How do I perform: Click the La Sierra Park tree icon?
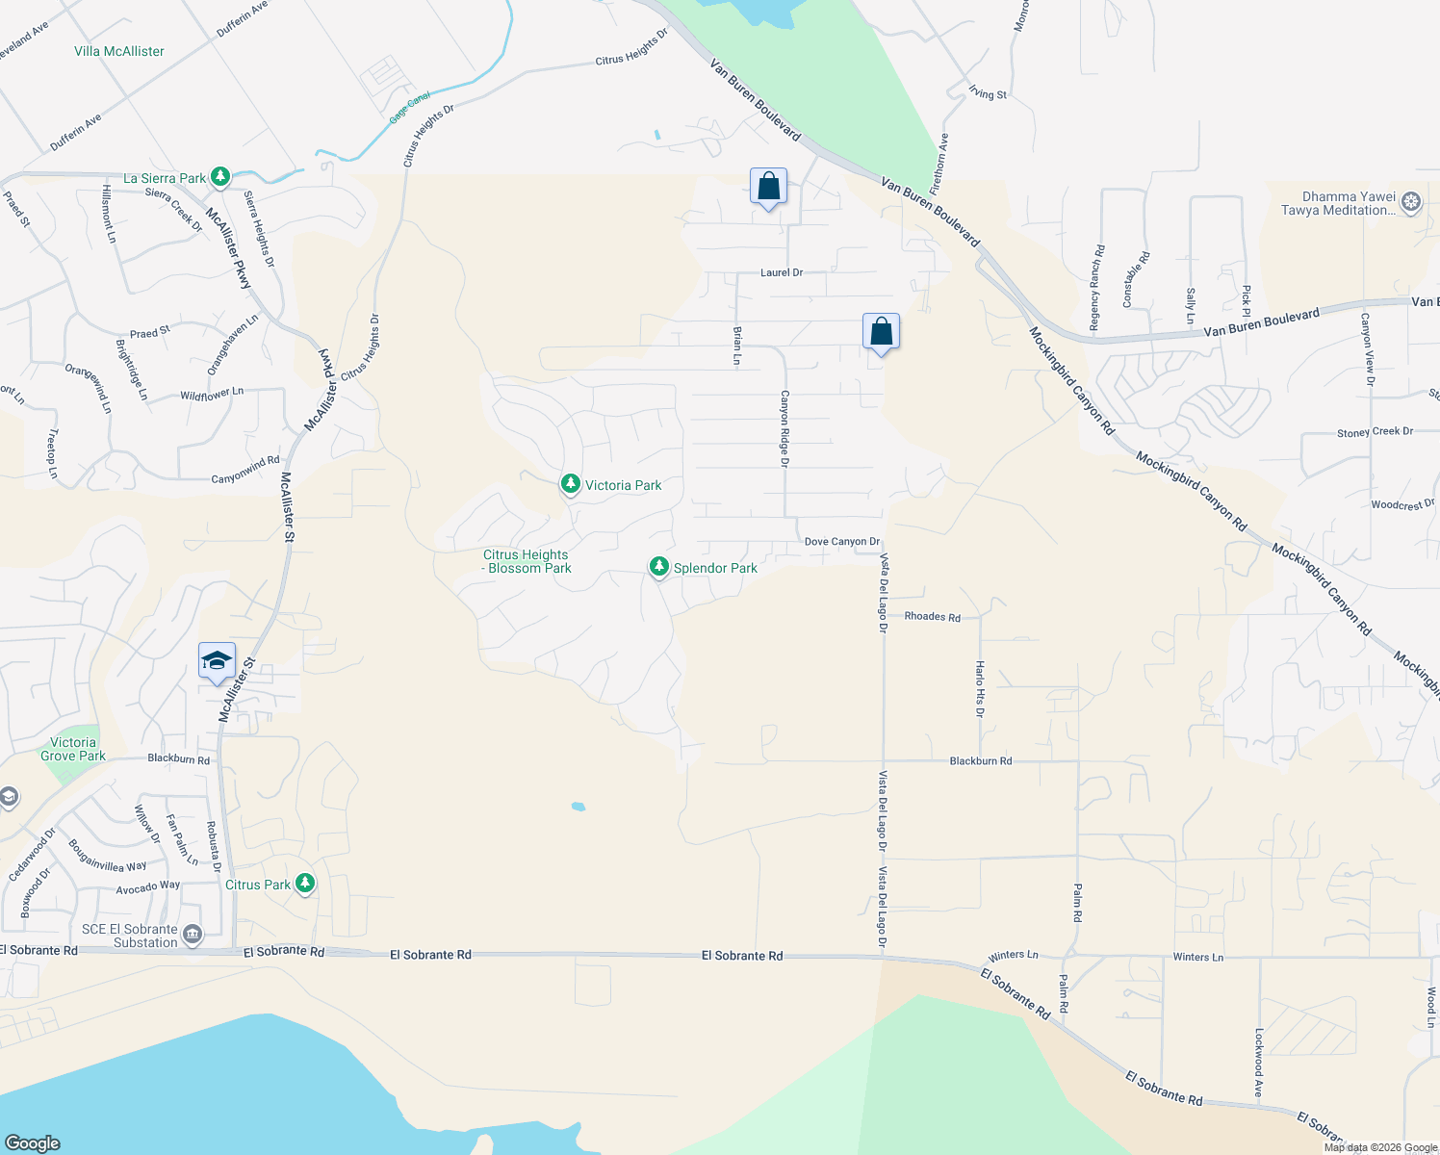(x=220, y=177)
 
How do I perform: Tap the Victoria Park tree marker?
(x=571, y=484)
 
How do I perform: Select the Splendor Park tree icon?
(x=659, y=567)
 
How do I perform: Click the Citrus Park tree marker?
(x=305, y=883)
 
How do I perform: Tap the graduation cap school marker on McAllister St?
(x=217, y=662)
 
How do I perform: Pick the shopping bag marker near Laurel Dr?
(x=768, y=187)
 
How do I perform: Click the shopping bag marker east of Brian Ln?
(x=881, y=333)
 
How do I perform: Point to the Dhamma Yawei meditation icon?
(x=1411, y=202)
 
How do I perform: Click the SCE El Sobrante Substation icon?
(x=193, y=935)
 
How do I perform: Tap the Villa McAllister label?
(x=119, y=51)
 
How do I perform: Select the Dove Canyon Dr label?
(x=842, y=542)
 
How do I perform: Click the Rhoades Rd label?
(x=932, y=616)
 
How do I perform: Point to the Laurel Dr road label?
(x=782, y=272)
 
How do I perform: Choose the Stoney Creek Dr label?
(x=1375, y=432)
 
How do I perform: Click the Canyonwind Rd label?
(x=245, y=471)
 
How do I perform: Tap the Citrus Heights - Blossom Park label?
(x=527, y=561)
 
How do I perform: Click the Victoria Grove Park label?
(x=73, y=749)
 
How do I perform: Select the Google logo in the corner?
(x=32, y=1142)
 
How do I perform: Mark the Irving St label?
(x=988, y=93)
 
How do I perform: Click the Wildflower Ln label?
(x=212, y=395)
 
